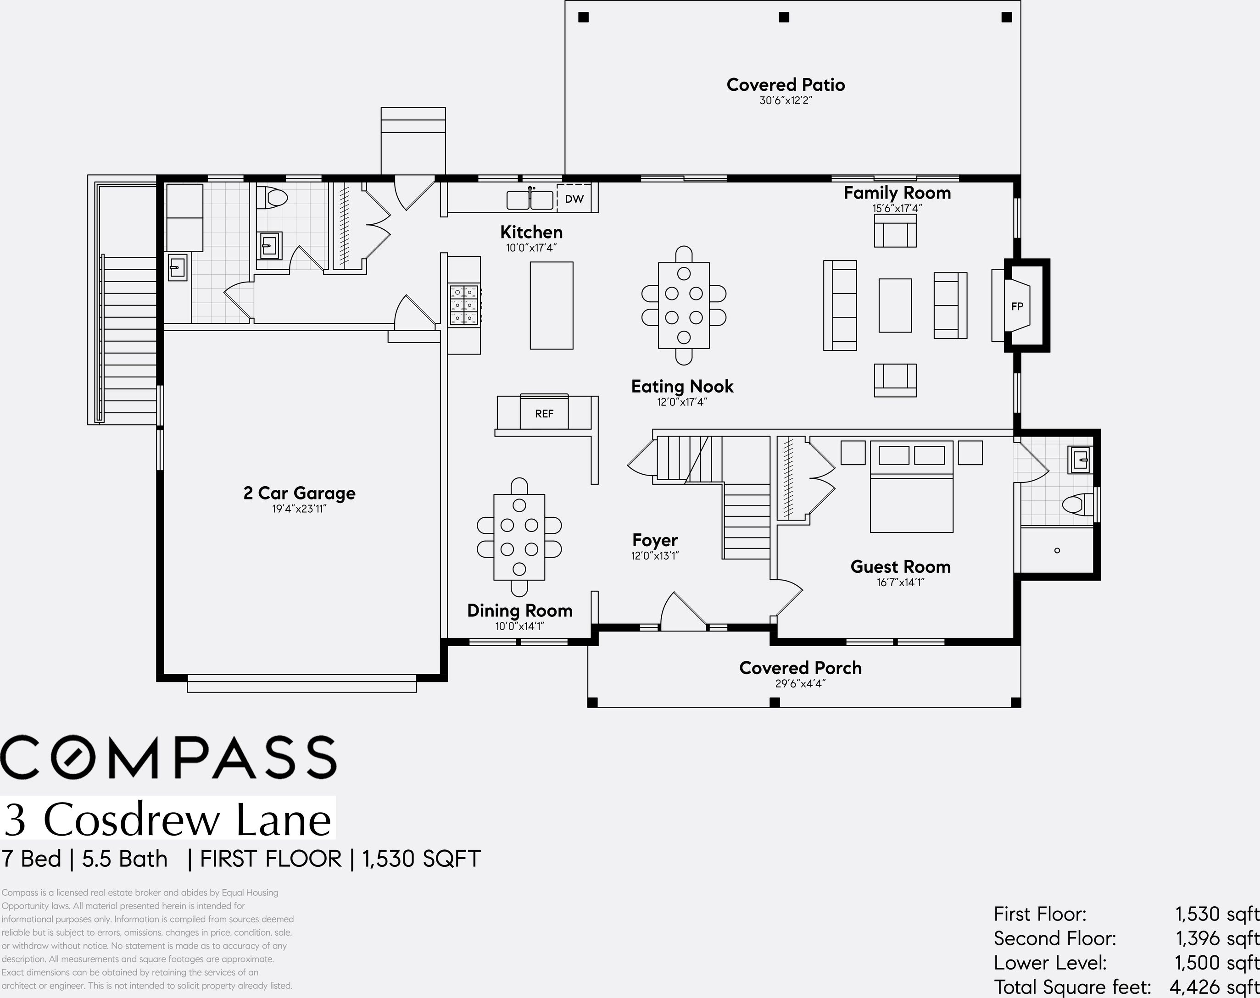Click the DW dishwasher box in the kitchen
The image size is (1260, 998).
click(574, 199)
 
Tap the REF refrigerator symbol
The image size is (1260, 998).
click(544, 413)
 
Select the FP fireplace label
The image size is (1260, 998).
click(1017, 306)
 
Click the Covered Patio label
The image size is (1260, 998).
click(786, 85)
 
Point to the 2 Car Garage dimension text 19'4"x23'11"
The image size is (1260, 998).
click(299, 508)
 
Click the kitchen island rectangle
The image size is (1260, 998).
click(551, 305)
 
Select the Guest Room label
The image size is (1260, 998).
click(900, 566)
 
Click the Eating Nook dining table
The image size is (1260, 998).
click(684, 305)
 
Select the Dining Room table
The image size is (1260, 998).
click(519, 537)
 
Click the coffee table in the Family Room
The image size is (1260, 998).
click(895, 305)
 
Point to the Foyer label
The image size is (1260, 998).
click(654, 540)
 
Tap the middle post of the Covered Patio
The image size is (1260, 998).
click(784, 17)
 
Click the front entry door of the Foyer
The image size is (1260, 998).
click(684, 614)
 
